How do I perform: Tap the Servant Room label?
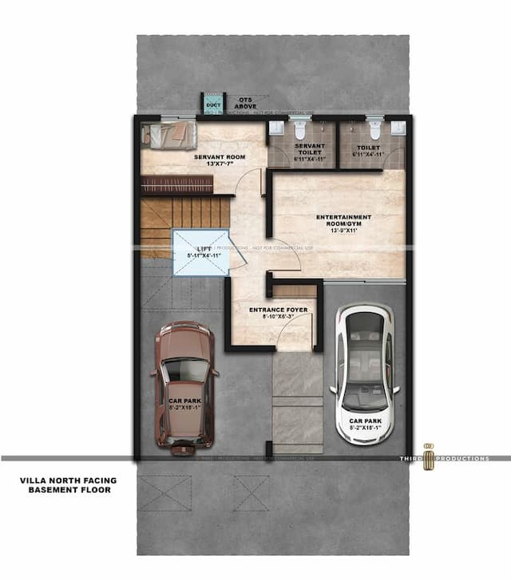(219, 157)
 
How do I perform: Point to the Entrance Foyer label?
(271, 310)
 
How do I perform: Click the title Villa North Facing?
(68, 480)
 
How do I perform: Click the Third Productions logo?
(427, 454)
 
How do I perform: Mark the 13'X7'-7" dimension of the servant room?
(219, 164)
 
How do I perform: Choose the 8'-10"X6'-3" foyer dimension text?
(271, 317)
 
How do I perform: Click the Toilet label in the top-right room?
(369, 147)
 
